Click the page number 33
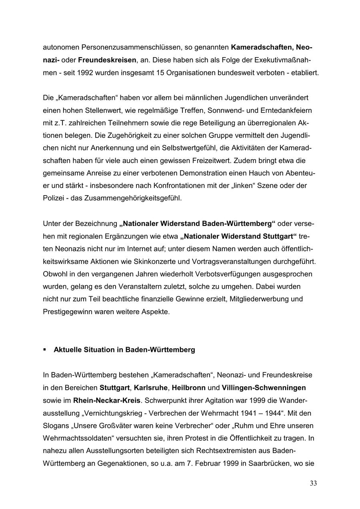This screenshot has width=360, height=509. pyautogui.click(x=313, y=483)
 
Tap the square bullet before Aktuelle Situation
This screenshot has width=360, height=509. pyautogui.click(x=45, y=349)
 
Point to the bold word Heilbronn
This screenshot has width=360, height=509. pyautogui.click(x=189, y=387)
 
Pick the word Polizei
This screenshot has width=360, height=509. pyautogui.click(x=53, y=198)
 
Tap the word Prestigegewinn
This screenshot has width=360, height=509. pyautogui.click(x=66, y=311)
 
